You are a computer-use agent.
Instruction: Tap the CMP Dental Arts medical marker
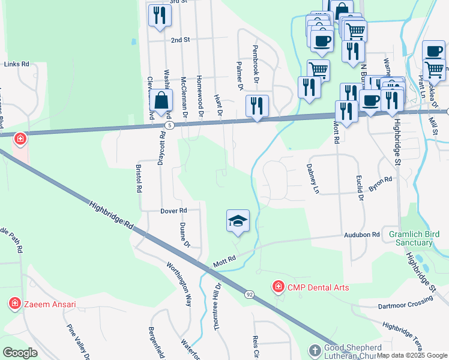277,287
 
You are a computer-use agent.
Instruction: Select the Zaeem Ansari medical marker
15,304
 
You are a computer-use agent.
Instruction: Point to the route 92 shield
249,294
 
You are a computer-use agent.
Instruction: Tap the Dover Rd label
174,211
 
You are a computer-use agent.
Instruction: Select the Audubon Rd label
363,235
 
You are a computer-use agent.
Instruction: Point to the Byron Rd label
381,184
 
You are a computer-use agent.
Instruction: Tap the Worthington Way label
179,284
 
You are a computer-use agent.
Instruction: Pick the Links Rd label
16,64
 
